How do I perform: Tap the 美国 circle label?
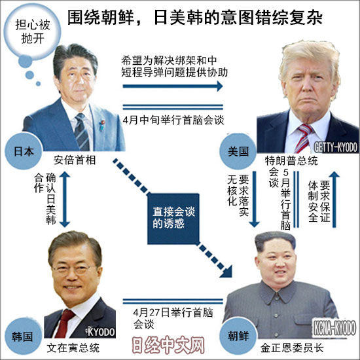[x=238, y=151]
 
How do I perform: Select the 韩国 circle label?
[x=22, y=336]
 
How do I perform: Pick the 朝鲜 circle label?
[x=238, y=336]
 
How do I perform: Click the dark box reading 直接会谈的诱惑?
[x=173, y=219]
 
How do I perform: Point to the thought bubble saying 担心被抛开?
[x=32, y=31]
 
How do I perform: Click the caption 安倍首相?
[x=75, y=160]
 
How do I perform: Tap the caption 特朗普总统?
[x=291, y=161]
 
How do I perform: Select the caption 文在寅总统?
[x=73, y=348]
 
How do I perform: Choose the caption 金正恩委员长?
[x=292, y=348]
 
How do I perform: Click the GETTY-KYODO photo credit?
[x=336, y=147]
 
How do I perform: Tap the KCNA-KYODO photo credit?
[x=334, y=328]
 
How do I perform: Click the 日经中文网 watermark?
[x=168, y=345]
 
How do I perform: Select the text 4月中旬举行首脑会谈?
[x=173, y=120]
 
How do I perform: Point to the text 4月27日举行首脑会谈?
[x=173, y=318]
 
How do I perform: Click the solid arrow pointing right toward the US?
[x=173, y=86]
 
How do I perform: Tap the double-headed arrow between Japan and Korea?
[x=65, y=199]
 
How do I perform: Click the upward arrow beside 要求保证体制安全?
[x=334, y=200]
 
